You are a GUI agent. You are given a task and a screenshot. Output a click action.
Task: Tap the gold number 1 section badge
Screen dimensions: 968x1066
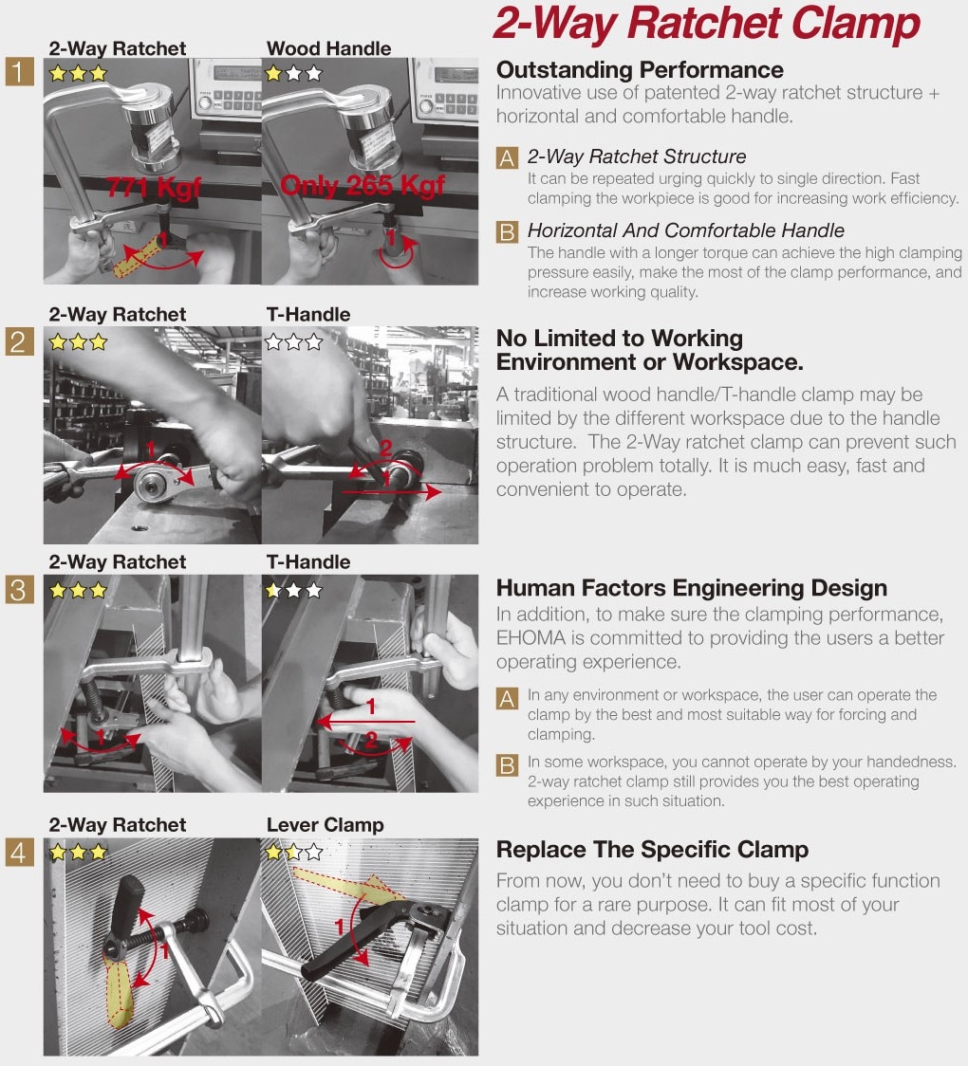tap(18, 71)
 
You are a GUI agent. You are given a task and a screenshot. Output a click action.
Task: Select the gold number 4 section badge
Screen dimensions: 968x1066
tap(18, 851)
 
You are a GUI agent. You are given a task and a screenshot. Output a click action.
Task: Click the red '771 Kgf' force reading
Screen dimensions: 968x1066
tap(153, 186)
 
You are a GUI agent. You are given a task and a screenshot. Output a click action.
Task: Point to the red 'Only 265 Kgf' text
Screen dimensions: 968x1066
tap(362, 185)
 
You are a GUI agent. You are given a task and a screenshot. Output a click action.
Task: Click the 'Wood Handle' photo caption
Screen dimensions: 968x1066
tap(328, 48)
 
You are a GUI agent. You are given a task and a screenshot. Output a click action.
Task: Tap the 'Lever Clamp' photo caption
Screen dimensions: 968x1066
tap(326, 825)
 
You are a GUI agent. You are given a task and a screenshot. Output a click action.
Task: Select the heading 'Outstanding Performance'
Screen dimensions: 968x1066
tap(640, 69)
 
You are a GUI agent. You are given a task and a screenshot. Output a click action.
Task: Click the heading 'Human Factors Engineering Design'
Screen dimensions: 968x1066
tap(692, 588)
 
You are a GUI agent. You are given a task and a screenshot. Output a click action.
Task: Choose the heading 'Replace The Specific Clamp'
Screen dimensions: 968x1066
tap(652, 850)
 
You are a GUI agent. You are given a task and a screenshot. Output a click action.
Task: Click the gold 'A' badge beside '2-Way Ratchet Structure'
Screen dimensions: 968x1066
tap(507, 157)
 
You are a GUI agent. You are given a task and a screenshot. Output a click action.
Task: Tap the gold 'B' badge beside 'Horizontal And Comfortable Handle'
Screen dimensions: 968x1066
tap(507, 231)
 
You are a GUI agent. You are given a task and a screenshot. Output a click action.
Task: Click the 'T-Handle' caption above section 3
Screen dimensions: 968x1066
tap(308, 562)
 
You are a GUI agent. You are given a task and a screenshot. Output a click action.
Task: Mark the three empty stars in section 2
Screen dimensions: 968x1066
tap(294, 341)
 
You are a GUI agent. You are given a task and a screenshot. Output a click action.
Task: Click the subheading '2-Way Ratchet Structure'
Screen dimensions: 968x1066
tap(637, 157)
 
